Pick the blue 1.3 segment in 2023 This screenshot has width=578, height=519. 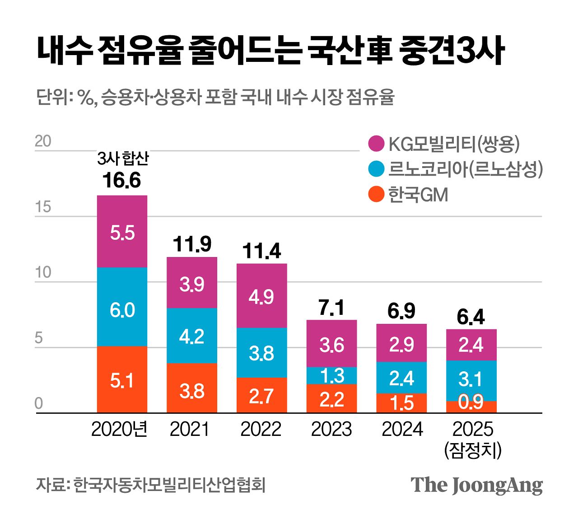[x=331, y=375]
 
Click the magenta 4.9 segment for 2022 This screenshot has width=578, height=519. [x=261, y=296]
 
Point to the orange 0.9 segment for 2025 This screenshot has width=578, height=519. [x=471, y=407]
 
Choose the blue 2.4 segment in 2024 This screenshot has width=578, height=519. [x=401, y=378]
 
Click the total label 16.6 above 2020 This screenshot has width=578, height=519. [x=121, y=180]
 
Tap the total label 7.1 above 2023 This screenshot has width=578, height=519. [x=331, y=308]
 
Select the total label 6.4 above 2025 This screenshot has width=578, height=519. [x=471, y=318]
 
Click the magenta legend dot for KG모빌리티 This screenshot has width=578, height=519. [x=376, y=144]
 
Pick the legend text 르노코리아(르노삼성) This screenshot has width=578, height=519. [x=465, y=169]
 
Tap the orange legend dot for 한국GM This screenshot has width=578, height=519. [x=376, y=195]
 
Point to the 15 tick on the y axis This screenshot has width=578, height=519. [x=43, y=207]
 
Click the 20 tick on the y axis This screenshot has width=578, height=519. [x=43, y=141]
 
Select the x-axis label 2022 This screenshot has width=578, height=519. [x=261, y=429]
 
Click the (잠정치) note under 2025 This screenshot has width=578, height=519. [x=473, y=450]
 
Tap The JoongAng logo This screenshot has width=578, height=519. [x=476, y=485]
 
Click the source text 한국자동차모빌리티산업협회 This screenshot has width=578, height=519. [x=169, y=485]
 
